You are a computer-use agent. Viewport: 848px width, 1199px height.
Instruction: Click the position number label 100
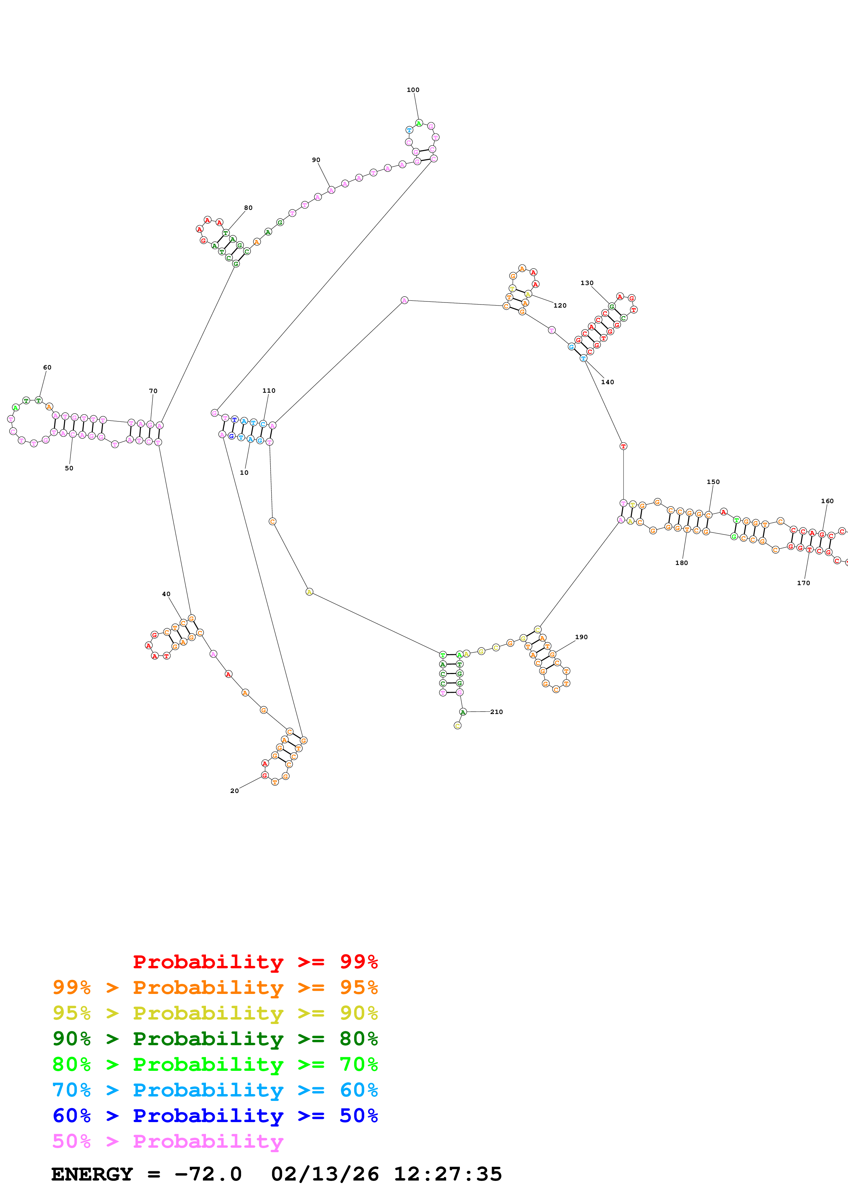tap(413, 90)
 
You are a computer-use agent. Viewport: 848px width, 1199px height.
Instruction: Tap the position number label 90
tap(316, 160)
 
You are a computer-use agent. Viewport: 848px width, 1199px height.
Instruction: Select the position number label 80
tap(248, 208)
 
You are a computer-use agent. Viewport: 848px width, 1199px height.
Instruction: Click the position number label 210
tap(496, 712)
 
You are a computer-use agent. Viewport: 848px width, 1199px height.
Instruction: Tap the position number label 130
tap(587, 283)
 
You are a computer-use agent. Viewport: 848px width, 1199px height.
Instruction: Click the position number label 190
tap(581, 637)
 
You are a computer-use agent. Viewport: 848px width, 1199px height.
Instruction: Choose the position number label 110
tap(269, 391)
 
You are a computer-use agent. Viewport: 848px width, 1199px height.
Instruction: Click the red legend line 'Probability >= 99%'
tap(255, 961)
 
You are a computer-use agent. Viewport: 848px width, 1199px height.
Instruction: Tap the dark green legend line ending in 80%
tap(215, 1039)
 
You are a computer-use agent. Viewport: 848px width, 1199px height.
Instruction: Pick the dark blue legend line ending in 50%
tap(215, 1116)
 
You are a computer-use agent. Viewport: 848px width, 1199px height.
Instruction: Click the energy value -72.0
tap(208, 1174)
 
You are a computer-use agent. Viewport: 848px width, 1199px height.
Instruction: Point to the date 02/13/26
tap(325, 1174)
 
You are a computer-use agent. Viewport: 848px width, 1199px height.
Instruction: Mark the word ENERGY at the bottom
tap(92, 1174)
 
